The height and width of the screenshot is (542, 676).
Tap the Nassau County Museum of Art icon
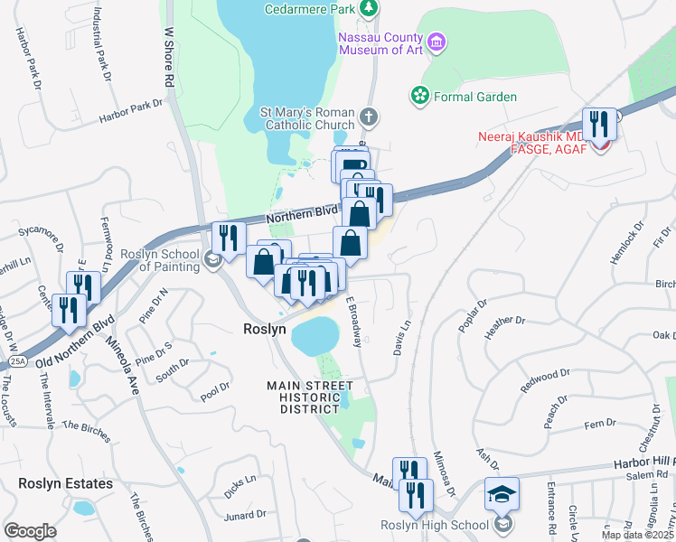tap(437, 41)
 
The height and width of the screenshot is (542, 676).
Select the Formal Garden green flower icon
tap(418, 95)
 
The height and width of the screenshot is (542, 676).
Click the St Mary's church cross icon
tap(368, 116)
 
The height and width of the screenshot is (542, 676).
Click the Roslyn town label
tap(265, 330)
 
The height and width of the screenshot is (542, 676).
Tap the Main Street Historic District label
tap(310, 397)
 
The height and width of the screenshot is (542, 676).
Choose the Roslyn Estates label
tap(65, 483)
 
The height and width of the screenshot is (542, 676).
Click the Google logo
tap(30, 530)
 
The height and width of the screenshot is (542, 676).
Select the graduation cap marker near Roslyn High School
tap(502, 493)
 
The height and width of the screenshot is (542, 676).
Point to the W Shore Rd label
tap(168, 56)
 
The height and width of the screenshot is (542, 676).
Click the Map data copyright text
tap(637, 535)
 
